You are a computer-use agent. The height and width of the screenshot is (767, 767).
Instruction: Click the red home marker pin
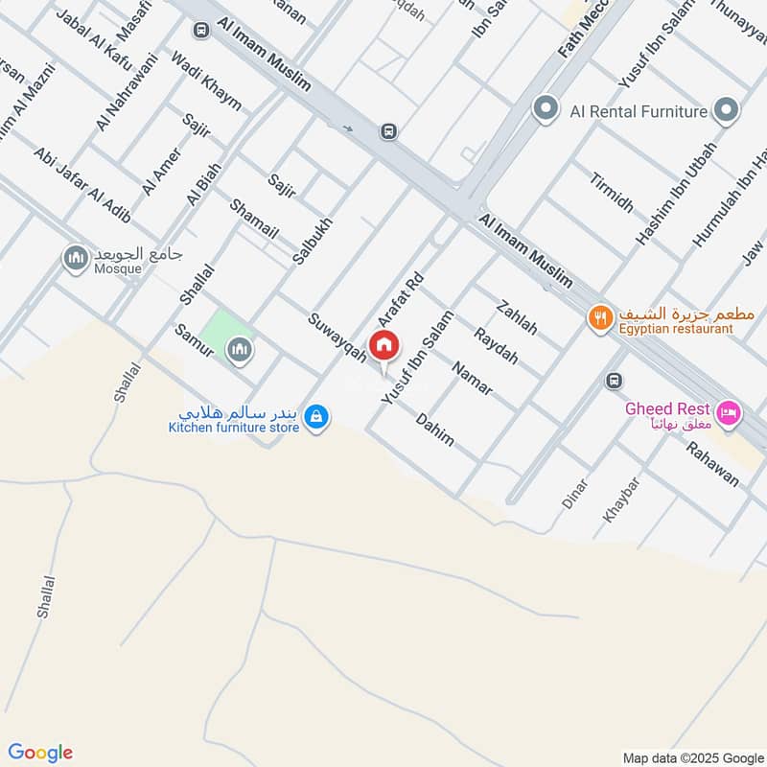point(384,346)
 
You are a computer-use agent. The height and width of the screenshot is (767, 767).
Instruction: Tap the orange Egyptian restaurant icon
point(600,317)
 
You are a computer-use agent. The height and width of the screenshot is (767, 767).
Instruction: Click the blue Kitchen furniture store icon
point(315,417)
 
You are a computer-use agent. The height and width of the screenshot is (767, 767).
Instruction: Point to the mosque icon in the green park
point(239,351)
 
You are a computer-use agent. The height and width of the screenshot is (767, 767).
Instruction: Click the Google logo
point(40,752)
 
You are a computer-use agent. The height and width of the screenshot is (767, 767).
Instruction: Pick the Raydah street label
point(496,346)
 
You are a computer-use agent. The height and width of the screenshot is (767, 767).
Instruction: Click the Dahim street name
point(434,429)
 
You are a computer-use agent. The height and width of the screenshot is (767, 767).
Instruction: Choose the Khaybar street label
point(620,500)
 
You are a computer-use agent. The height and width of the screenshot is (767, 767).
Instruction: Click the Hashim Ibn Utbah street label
point(663,191)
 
